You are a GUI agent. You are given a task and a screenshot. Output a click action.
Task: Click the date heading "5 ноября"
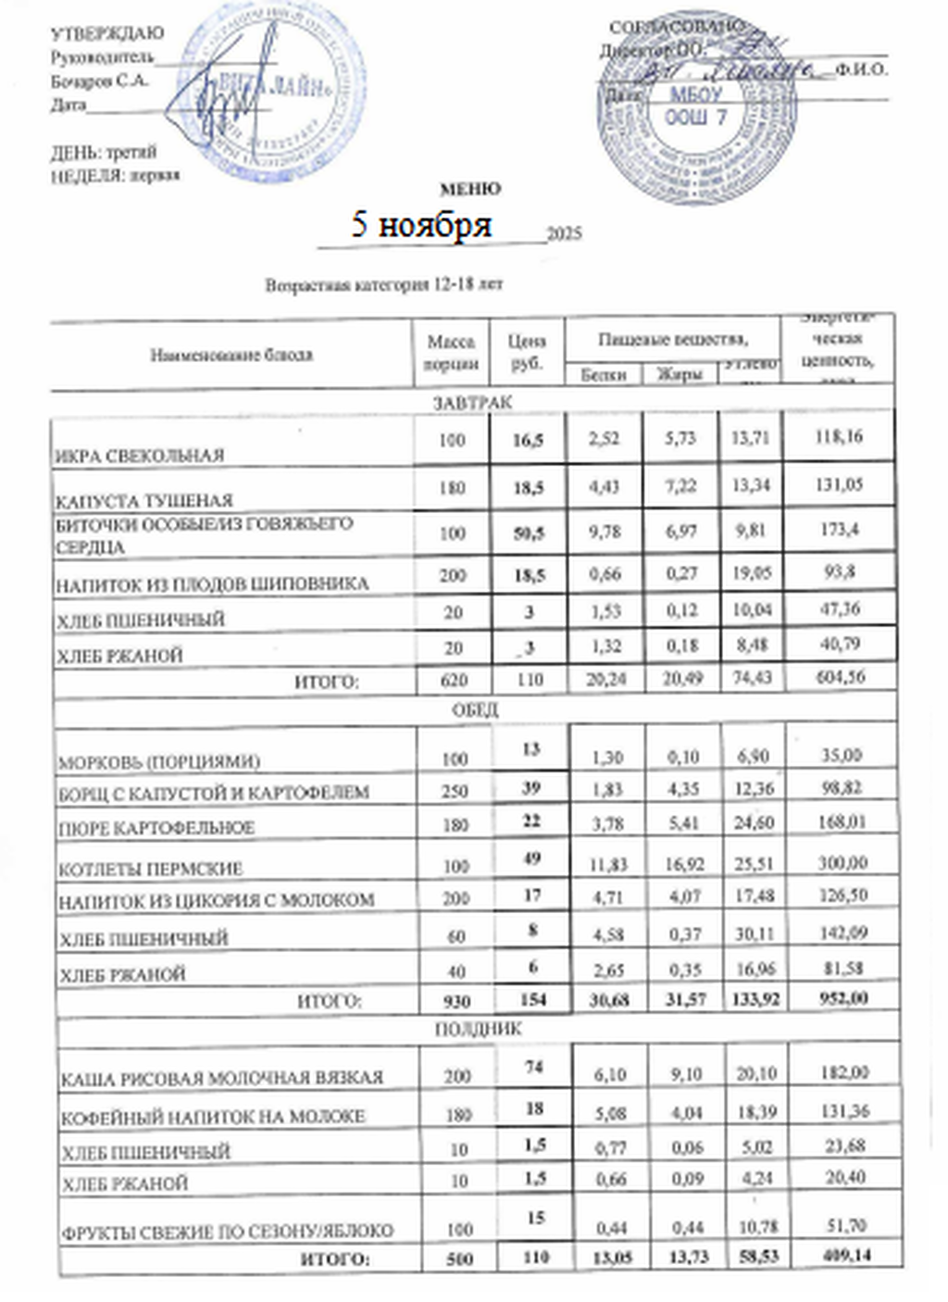click(x=421, y=225)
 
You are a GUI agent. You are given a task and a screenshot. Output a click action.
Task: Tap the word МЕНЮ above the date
click(x=469, y=189)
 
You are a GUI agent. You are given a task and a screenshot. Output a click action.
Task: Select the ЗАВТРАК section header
click(x=472, y=402)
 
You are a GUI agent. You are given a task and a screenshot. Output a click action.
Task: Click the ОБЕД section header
click(x=475, y=710)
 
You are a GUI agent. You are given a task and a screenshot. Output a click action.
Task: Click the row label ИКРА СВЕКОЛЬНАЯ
click(x=140, y=456)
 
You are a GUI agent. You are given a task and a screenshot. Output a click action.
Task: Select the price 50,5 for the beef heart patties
click(x=528, y=532)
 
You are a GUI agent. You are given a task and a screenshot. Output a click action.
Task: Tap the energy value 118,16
click(x=839, y=437)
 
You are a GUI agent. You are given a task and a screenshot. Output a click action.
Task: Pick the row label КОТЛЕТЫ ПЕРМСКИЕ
click(x=151, y=869)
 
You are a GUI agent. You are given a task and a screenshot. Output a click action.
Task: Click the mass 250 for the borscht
click(x=455, y=793)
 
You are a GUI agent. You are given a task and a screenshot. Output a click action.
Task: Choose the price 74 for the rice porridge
click(x=533, y=1067)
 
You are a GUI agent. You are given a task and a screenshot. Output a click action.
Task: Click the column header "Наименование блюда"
click(x=231, y=355)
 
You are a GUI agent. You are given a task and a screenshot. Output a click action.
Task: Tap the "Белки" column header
click(x=604, y=375)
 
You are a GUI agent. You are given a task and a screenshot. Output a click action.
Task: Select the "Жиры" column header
click(x=680, y=375)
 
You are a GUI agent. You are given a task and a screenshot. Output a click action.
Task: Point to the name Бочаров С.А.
click(x=100, y=81)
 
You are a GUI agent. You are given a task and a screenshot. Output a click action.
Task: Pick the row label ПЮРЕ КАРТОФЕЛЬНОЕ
click(x=156, y=828)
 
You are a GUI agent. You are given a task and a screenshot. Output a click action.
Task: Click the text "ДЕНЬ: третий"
click(x=104, y=152)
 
